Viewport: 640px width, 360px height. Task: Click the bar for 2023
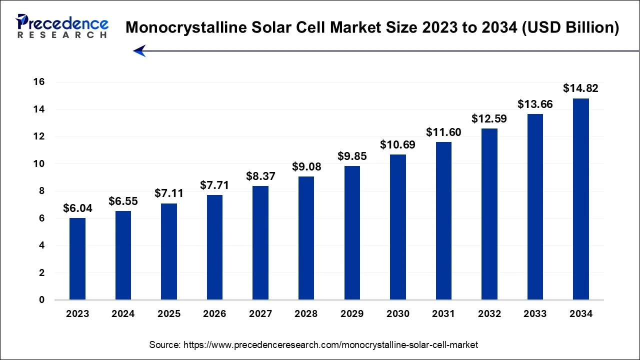(77, 259)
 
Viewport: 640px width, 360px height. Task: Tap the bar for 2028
(306, 238)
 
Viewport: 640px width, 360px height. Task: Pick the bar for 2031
(443, 221)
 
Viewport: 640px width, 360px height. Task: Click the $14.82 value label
(580, 88)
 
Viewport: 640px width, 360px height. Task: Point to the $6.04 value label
(77, 208)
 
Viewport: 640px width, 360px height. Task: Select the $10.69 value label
(397, 144)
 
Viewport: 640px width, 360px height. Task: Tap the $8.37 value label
(260, 176)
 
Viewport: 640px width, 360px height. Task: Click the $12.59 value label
(489, 119)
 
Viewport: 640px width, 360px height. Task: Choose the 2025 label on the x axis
(169, 314)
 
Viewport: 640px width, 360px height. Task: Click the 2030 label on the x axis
(397, 314)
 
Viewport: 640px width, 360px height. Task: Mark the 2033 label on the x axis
(535, 314)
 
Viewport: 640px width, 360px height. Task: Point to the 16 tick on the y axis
(39, 82)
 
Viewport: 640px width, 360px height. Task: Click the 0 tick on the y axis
(42, 300)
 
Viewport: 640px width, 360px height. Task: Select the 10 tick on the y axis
(39, 163)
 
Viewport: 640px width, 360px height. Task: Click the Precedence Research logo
(62, 26)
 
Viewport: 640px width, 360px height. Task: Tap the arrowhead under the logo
(139, 50)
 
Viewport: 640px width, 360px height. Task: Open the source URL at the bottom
(313, 344)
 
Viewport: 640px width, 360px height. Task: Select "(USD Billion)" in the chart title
(569, 27)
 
